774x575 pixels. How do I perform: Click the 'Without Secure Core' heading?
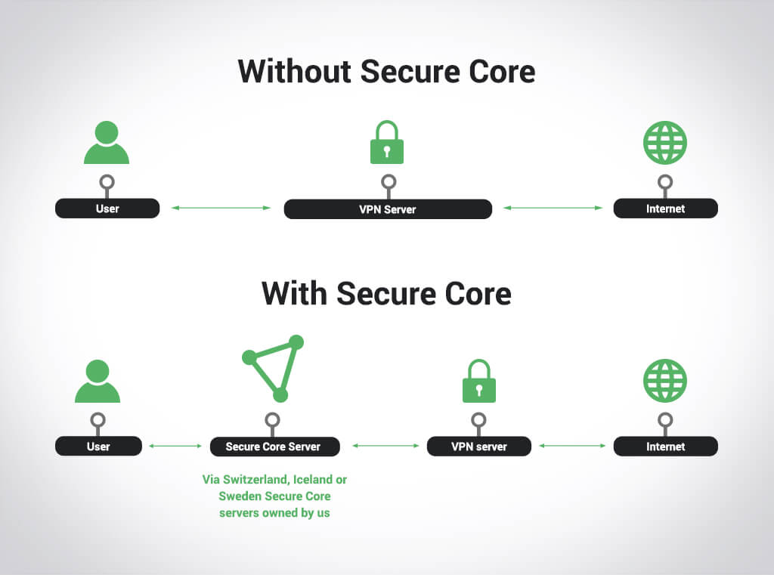click(x=386, y=72)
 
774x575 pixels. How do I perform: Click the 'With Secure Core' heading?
click(x=386, y=293)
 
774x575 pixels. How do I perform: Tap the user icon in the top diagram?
click(x=107, y=143)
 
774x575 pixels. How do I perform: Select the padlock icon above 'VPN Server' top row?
click(x=387, y=143)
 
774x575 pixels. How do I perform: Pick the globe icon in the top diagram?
click(x=664, y=143)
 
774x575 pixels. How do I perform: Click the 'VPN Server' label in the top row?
click(x=388, y=209)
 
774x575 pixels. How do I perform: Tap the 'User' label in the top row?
click(x=107, y=209)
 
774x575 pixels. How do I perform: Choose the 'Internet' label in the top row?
click(x=665, y=209)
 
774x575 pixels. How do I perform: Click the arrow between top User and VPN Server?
click(x=221, y=208)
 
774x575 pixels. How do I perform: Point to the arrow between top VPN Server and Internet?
click(x=553, y=208)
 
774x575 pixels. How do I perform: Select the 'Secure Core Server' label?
click(x=274, y=447)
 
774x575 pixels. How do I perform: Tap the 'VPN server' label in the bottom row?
click(x=479, y=447)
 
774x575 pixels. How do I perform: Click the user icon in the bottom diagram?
click(x=98, y=382)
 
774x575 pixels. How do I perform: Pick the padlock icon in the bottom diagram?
click(x=478, y=381)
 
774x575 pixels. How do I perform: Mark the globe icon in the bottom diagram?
click(x=664, y=381)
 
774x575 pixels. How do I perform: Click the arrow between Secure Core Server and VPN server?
click(x=385, y=446)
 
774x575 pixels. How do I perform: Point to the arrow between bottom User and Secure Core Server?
click(x=176, y=446)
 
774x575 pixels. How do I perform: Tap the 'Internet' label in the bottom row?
click(x=665, y=447)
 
